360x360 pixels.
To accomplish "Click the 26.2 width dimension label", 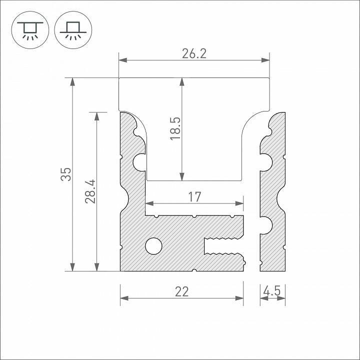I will tap(194, 53).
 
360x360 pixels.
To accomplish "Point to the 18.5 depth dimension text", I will tap(175, 129).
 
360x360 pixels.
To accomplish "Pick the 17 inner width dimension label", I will tap(194, 197).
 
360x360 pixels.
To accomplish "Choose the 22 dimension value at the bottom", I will tap(181, 291).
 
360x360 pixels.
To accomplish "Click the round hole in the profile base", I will tap(153, 245).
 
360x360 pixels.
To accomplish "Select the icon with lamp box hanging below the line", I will tap(30, 29).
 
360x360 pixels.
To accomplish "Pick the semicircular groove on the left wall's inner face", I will tap(140, 161).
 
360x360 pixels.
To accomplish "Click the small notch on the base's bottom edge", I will tap(194, 270).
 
